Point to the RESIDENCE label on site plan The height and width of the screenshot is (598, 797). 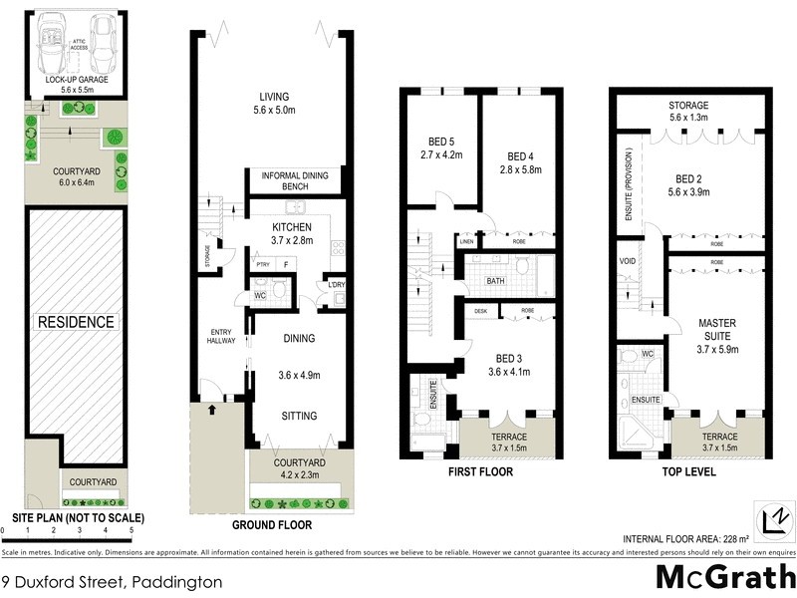(x=76, y=322)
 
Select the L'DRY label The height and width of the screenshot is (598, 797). (x=337, y=287)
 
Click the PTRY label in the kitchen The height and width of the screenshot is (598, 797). (x=262, y=265)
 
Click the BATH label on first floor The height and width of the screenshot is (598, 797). (x=495, y=282)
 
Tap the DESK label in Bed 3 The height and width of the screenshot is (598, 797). (x=481, y=311)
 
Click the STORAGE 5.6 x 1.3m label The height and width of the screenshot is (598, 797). (x=689, y=112)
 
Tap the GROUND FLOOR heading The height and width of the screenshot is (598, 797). (x=271, y=524)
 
